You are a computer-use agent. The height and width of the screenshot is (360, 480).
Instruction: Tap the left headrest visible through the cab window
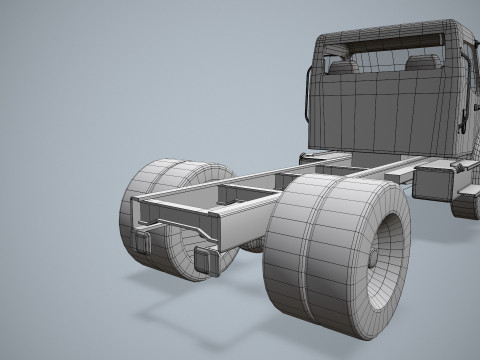[343, 67]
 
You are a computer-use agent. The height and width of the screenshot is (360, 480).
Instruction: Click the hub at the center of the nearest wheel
[374, 258]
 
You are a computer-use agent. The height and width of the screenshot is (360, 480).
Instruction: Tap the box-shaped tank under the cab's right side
[433, 182]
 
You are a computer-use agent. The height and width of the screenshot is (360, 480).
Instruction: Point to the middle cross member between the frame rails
[245, 190]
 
